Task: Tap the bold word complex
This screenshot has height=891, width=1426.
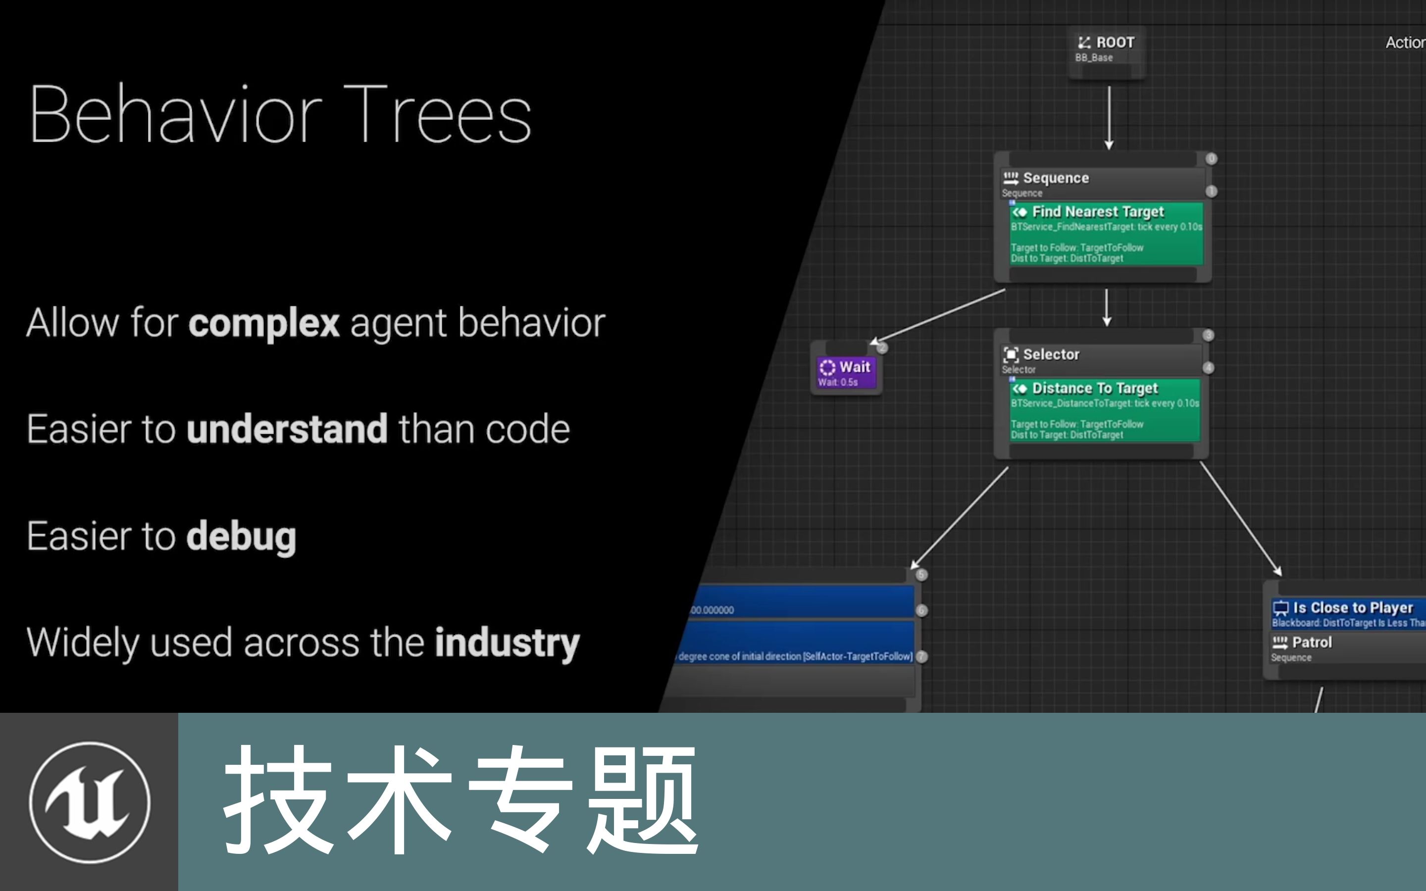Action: [263, 323]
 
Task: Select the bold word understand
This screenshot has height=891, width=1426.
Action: [287, 429]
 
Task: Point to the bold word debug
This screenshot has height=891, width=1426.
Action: [241, 536]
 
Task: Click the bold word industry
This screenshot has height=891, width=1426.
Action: [507, 643]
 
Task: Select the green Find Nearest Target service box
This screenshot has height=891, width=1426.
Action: [1106, 235]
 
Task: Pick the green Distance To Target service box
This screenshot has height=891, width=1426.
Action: [1104, 411]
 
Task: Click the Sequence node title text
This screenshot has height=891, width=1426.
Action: [1055, 178]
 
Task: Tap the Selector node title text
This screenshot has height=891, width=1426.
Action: [1051, 354]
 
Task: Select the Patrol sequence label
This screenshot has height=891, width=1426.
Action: [1311, 643]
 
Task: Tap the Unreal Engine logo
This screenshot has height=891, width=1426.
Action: [90, 802]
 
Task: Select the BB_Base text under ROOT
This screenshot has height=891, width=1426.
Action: [1094, 58]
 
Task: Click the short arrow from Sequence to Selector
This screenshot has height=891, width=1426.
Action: [1107, 306]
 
